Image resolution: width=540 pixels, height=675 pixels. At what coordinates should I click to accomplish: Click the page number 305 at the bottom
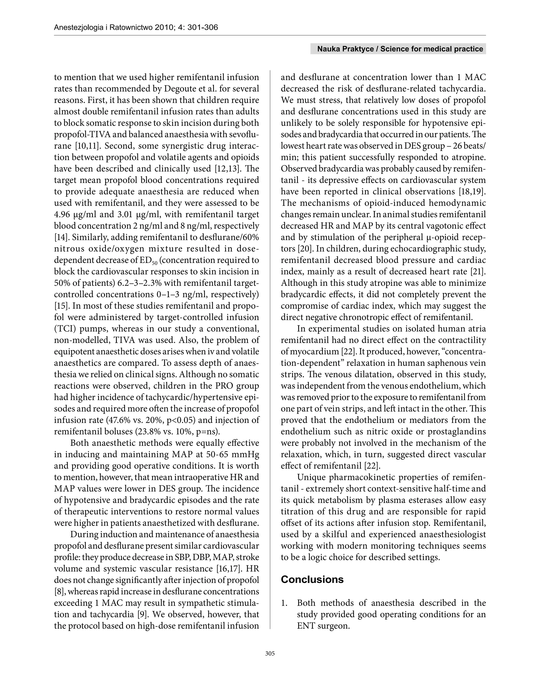(x=270, y=653)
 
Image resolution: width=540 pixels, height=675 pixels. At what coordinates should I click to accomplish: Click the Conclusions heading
(x=312, y=580)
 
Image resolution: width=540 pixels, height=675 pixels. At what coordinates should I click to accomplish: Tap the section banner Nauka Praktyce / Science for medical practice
(x=398, y=49)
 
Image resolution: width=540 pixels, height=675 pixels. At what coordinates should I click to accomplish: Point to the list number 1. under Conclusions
(x=284, y=603)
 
